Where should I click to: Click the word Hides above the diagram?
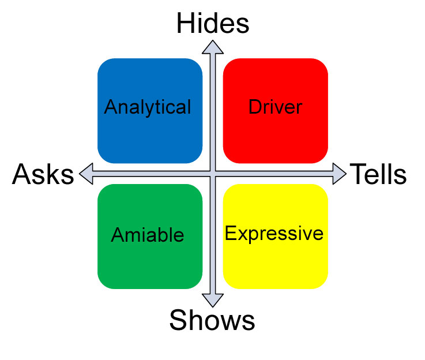(212, 24)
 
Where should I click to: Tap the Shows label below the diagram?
(212, 320)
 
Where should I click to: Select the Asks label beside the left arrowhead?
(43, 174)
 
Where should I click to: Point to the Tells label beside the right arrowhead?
(378, 174)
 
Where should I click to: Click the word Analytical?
(148, 107)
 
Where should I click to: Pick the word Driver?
(275, 107)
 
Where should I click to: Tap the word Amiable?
(148, 235)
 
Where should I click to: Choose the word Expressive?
(274, 234)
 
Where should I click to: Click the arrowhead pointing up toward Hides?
(213, 47)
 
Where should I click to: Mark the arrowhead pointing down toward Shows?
(213, 299)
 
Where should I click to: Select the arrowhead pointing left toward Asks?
(86, 174)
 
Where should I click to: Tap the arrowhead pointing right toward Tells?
(339, 174)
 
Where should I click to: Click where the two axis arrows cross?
(213, 174)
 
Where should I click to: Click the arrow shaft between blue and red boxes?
(213, 110)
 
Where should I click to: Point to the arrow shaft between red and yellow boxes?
(276, 174)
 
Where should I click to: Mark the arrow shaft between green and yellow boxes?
(213, 237)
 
